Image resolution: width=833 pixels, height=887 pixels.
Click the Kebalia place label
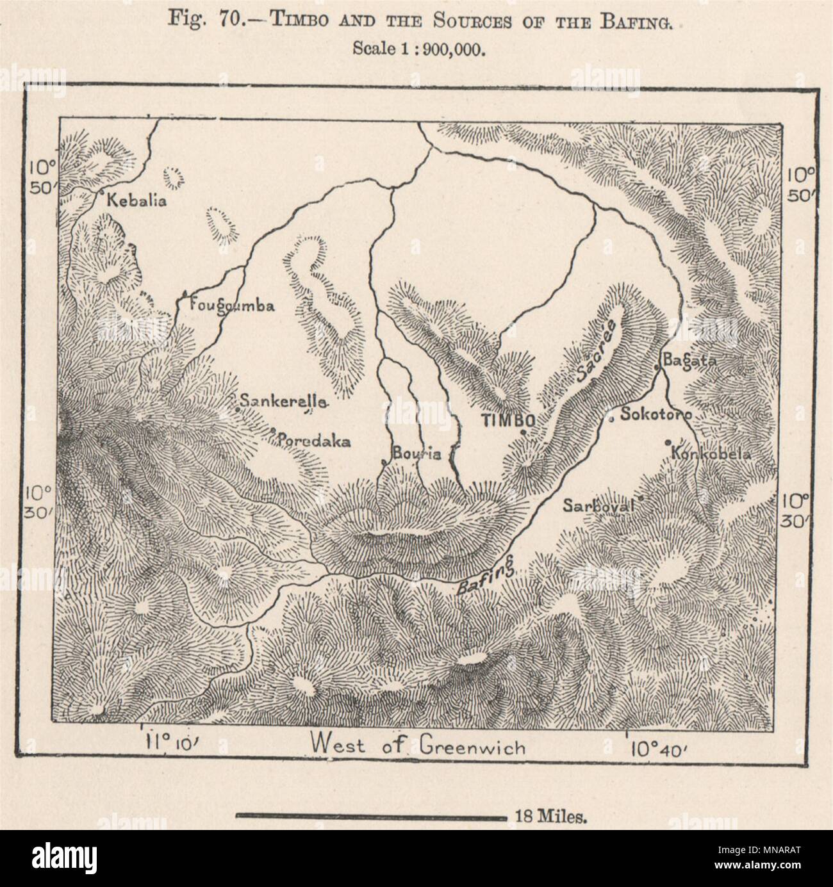136,200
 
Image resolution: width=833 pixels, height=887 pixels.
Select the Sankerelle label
283,402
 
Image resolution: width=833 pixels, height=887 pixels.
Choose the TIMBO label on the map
508,420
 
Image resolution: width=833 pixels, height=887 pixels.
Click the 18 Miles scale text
547,816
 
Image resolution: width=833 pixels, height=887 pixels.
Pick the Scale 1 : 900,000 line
416,50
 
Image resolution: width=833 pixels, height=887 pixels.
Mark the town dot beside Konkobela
668,442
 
